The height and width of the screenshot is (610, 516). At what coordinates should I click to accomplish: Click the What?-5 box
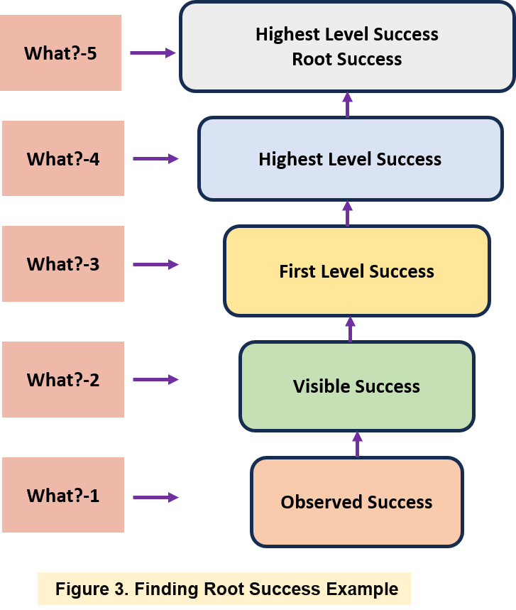click(60, 53)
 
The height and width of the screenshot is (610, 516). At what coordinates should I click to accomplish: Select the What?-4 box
click(62, 158)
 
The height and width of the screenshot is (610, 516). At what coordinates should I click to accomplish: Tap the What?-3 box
click(62, 263)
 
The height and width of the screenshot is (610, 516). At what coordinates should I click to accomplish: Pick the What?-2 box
click(62, 379)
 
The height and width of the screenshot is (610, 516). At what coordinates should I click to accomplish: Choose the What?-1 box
click(62, 495)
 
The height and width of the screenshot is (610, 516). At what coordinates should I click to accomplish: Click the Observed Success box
click(356, 502)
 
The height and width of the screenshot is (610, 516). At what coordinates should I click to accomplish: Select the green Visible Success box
click(356, 386)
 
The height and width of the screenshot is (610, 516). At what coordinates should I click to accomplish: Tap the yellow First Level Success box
click(356, 271)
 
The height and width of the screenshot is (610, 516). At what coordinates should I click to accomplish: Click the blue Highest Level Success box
click(350, 159)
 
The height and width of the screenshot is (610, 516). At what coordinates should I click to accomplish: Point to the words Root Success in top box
click(347, 59)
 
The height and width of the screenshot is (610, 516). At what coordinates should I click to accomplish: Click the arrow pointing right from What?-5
click(153, 53)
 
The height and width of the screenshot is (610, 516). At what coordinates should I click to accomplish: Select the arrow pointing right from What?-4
click(156, 159)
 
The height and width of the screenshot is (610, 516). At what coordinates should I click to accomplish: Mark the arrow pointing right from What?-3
click(156, 264)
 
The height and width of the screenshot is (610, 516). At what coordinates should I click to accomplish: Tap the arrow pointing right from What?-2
click(156, 379)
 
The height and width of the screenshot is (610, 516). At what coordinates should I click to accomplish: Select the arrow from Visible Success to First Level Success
click(350, 329)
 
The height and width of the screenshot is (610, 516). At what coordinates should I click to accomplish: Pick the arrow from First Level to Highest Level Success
click(347, 213)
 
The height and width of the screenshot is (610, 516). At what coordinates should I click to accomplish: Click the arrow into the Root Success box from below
click(347, 104)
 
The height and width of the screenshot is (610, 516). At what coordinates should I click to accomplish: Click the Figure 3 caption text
click(226, 589)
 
